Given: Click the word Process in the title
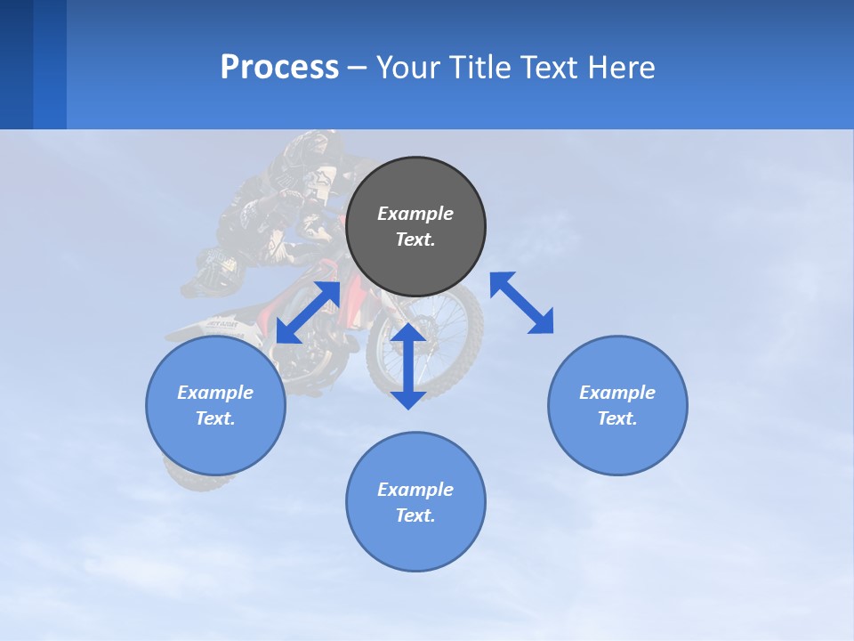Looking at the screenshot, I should [x=279, y=67].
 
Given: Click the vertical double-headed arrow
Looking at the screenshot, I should [x=408, y=366].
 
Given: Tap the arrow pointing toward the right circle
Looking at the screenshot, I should [x=522, y=303].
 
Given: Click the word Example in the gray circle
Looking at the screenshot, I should [x=415, y=214].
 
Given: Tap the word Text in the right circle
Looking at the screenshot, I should [x=617, y=418].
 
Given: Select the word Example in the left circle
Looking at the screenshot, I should [x=215, y=393].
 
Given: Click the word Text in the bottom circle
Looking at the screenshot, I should [x=415, y=515].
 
